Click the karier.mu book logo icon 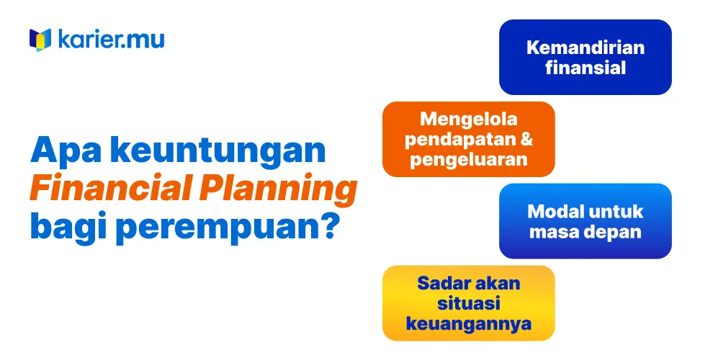tap(40, 40)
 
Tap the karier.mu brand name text tap(112, 39)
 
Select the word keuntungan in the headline tap(219, 151)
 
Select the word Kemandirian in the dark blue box tap(586, 48)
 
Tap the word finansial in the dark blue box tap(586, 67)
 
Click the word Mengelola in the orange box tap(469, 120)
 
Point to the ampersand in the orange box tap(526, 139)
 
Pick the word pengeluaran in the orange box tap(469, 160)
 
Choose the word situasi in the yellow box tap(469, 303)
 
